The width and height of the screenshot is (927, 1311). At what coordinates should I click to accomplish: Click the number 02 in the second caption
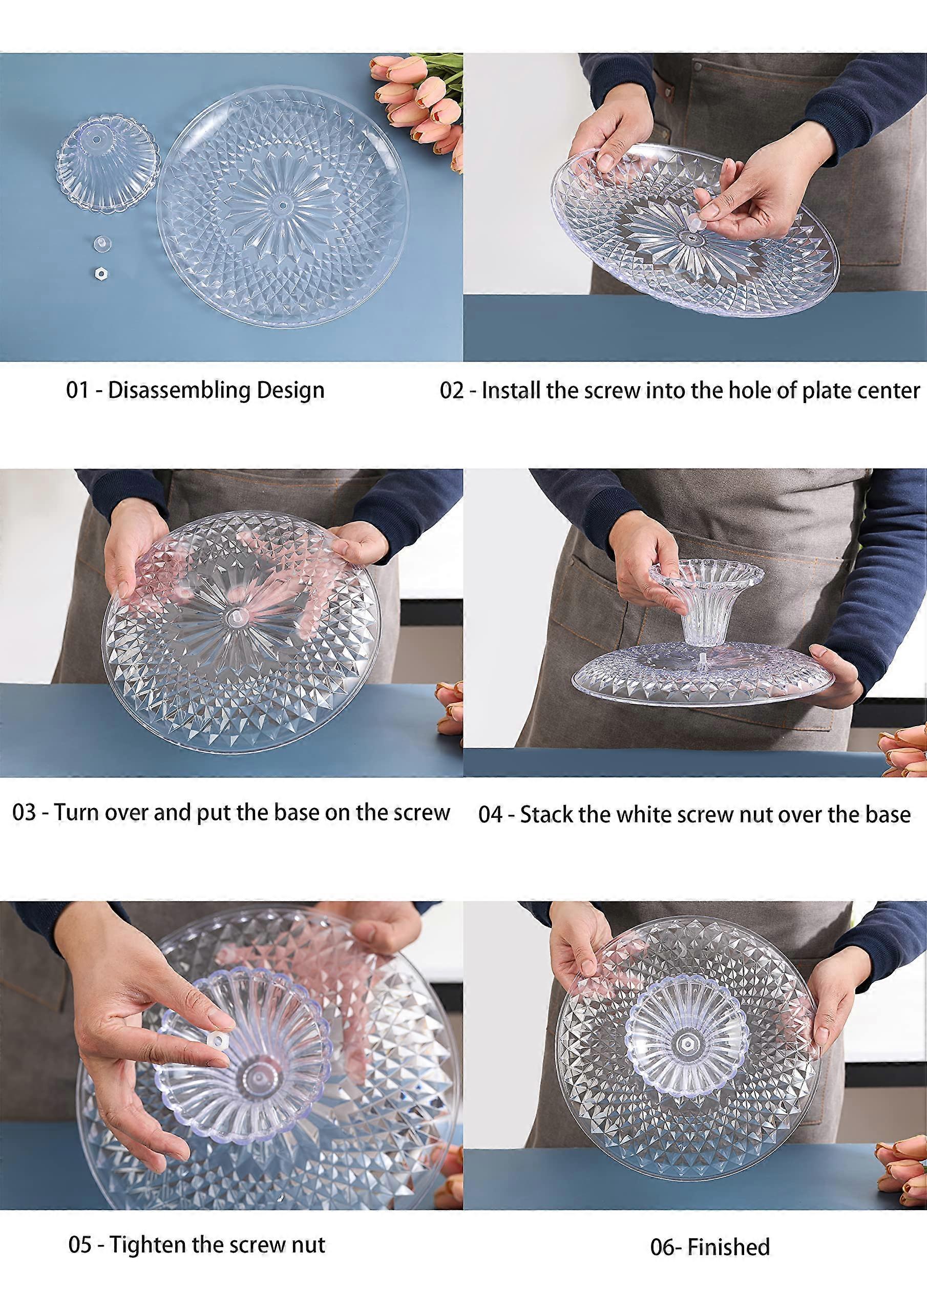tap(452, 391)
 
